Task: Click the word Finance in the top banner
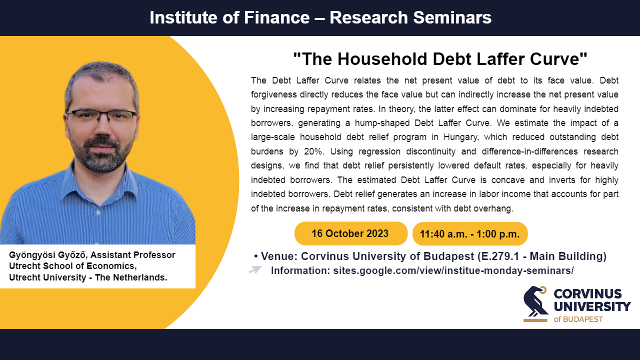[x=276, y=17]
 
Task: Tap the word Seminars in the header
[x=452, y=17]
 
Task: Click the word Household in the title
[x=382, y=59]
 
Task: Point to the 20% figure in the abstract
[x=313, y=151]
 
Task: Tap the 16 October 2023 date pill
[x=351, y=233]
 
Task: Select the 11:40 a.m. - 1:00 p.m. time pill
[x=470, y=233]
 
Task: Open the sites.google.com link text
[x=453, y=270]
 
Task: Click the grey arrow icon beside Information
[x=255, y=269]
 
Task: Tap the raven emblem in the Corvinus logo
[x=535, y=303]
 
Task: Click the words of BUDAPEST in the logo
[x=578, y=319]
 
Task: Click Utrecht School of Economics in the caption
[x=72, y=266]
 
